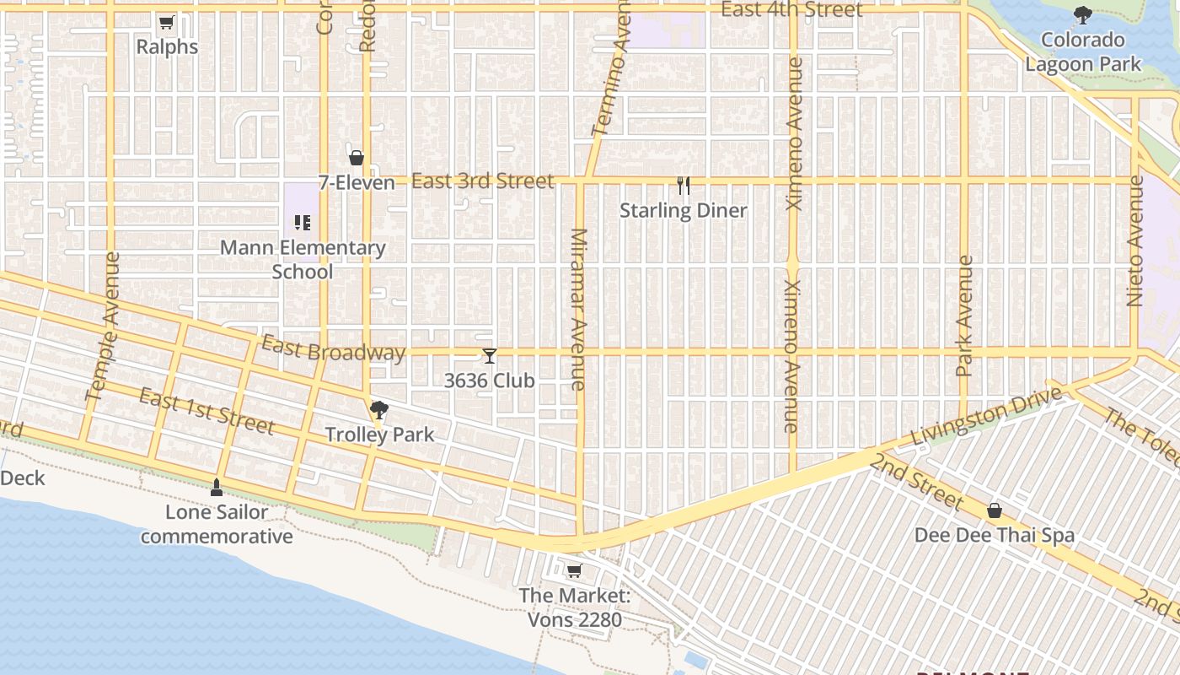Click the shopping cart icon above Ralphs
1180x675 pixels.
166,23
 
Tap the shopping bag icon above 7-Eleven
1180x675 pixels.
357,158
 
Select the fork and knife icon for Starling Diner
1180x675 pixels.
684,185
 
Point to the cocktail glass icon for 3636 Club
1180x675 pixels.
490,356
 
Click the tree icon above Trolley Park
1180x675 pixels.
379,411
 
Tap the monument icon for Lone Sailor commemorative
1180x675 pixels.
217,488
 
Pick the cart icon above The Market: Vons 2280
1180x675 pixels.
574,571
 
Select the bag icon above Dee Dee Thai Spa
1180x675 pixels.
995,510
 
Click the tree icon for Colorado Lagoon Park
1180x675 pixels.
1082,15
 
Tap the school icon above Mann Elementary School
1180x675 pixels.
303,223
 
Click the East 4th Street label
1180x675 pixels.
792,10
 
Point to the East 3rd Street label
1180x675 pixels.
483,181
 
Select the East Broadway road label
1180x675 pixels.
333,349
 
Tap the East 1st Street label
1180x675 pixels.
206,411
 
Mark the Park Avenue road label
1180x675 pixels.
965,316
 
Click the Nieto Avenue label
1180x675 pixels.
1135,240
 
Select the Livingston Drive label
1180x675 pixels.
985,422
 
